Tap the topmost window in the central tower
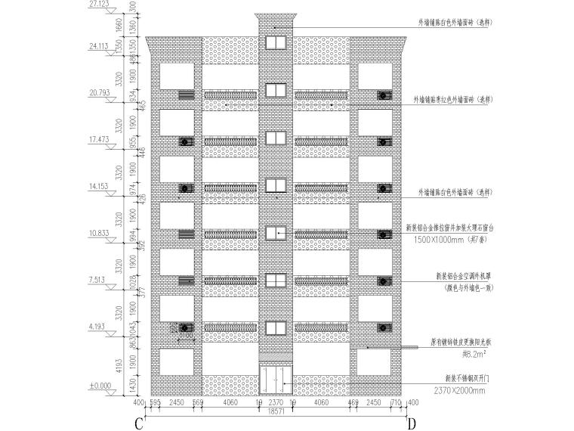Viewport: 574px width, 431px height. coord(275,41)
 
